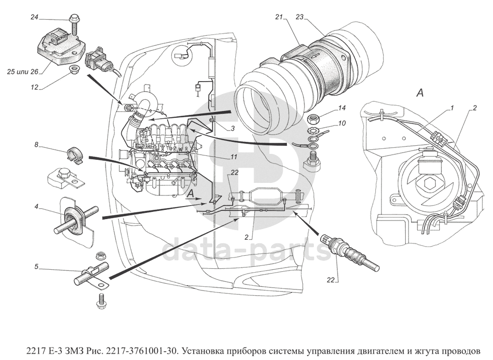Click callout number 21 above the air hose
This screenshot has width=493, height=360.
[x=279, y=17]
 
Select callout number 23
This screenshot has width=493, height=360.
[x=299, y=17]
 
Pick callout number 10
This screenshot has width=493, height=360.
[x=342, y=124]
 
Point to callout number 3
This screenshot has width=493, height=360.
[x=232, y=128]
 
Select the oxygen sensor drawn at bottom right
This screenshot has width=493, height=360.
[x=352, y=251]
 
